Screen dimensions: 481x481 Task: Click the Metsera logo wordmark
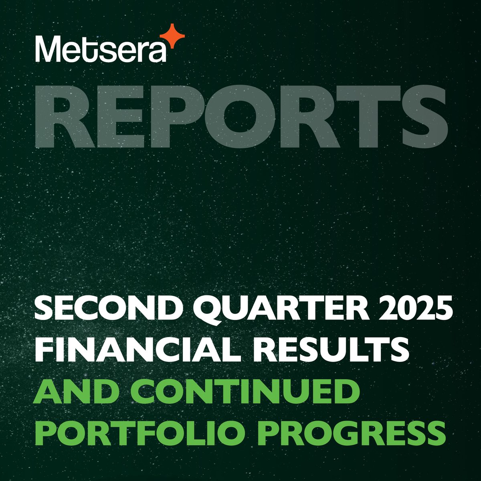pyautogui.click(x=100, y=49)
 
